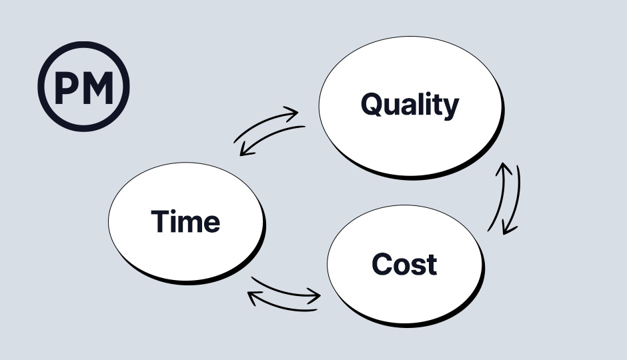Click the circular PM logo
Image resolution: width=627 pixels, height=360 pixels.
pyautogui.click(x=83, y=86)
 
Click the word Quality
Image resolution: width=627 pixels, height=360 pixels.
pyautogui.click(x=410, y=105)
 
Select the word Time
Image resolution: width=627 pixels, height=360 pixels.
pyautogui.click(x=185, y=221)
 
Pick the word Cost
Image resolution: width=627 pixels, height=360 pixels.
pyautogui.click(x=404, y=264)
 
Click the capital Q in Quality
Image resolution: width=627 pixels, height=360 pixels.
pyautogui.click(x=374, y=104)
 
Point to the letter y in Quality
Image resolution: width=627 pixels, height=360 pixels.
pyautogui.click(x=452, y=109)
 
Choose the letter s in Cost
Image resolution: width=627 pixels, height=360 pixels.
pyautogui.click(x=418, y=266)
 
